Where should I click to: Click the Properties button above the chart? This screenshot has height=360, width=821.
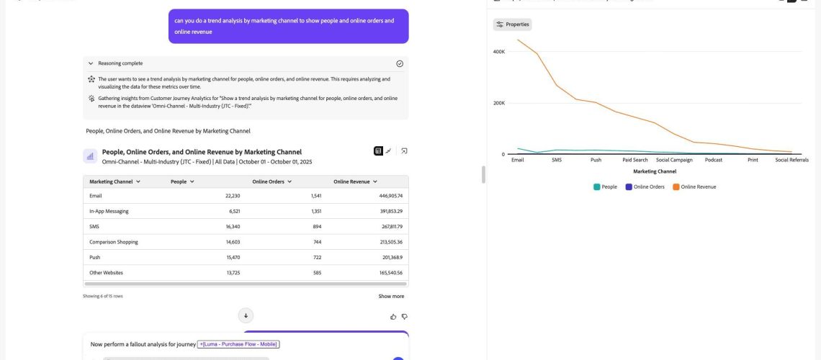pos(513,24)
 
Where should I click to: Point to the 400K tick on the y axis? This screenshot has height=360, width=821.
pos(498,52)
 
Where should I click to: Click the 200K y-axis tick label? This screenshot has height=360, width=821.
pos(498,103)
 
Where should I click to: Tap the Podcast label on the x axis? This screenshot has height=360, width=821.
pos(713,160)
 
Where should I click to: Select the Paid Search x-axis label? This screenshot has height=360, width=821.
pos(635,160)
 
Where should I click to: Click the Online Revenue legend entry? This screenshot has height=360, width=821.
pos(694,186)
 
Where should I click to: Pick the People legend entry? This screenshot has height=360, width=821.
pos(605,186)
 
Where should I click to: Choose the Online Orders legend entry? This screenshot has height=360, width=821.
pos(645,186)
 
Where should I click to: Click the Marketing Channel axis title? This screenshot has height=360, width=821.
pos(655,171)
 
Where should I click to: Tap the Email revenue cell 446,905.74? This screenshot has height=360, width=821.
pos(387,196)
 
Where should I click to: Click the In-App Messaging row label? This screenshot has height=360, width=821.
pos(109,212)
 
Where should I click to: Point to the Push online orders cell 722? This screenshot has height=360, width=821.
pos(317,258)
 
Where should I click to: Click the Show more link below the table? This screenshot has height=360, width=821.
pos(391,296)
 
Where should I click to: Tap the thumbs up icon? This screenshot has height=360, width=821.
pos(393,317)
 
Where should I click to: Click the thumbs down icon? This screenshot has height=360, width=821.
pos(404,317)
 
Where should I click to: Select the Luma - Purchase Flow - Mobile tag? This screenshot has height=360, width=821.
pos(238,344)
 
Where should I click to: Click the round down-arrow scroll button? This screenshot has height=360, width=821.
pos(246,315)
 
